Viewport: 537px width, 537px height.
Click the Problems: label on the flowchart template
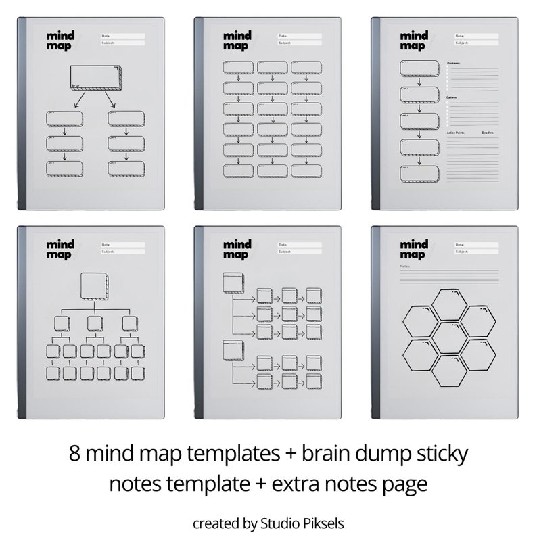pos(454,62)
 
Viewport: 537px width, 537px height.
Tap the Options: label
pos(452,97)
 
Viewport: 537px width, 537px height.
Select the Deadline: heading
pos(488,133)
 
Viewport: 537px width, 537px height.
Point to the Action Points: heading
pos(458,133)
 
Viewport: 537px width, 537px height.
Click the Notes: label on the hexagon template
pos(405,266)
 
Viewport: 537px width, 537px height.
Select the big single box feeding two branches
pos(95,78)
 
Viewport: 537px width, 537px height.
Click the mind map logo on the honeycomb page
pos(413,250)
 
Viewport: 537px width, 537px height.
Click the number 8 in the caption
pos(74,453)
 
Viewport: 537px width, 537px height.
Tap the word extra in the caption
pos(300,484)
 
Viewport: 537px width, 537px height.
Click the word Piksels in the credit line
pos(325,523)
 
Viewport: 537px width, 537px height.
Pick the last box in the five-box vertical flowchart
pos(419,173)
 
